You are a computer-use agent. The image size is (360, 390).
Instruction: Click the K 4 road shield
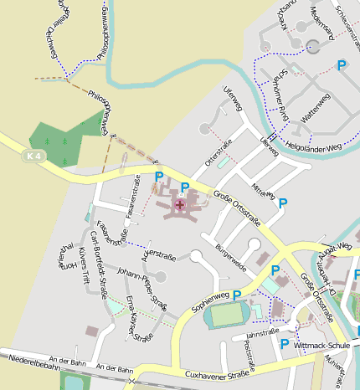(33, 156)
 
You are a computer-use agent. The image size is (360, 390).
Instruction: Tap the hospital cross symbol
(179, 204)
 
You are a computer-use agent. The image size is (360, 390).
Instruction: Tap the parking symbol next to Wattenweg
(341, 65)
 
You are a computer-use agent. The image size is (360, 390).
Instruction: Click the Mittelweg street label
(264, 189)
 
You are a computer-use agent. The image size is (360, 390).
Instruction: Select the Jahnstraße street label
(263, 331)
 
